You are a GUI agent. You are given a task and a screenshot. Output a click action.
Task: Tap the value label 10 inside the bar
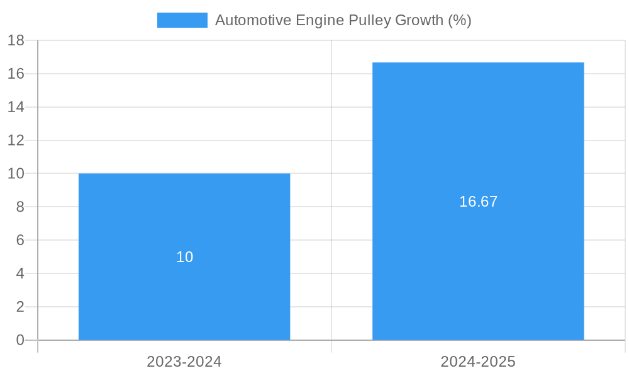tap(184, 257)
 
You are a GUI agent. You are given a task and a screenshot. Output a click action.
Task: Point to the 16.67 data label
tap(478, 202)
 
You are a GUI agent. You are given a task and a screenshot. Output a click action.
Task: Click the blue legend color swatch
tap(182, 20)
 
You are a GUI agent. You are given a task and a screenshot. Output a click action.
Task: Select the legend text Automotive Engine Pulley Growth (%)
tap(343, 20)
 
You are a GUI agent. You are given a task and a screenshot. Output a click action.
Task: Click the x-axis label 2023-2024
tap(184, 362)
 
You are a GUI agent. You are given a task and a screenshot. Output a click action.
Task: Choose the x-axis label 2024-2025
tap(478, 362)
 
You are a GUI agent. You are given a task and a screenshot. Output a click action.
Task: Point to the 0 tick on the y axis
tap(20, 340)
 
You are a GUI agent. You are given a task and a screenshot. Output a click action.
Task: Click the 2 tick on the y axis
tap(20, 307)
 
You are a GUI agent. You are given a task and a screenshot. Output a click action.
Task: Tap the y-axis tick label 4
tap(20, 273)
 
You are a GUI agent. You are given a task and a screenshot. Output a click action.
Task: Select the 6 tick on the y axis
tap(20, 240)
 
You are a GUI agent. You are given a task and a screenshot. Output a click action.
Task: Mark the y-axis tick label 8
tap(20, 207)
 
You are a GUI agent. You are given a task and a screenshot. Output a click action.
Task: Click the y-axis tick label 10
tap(16, 173)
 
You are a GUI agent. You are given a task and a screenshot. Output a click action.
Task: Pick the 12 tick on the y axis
tap(16, 140)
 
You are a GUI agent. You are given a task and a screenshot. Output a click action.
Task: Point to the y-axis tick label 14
tap(16, 107)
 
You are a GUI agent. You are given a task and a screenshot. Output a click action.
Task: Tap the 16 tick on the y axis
tap(16, 74)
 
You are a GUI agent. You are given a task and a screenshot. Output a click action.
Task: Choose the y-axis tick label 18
tap(16, 40)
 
